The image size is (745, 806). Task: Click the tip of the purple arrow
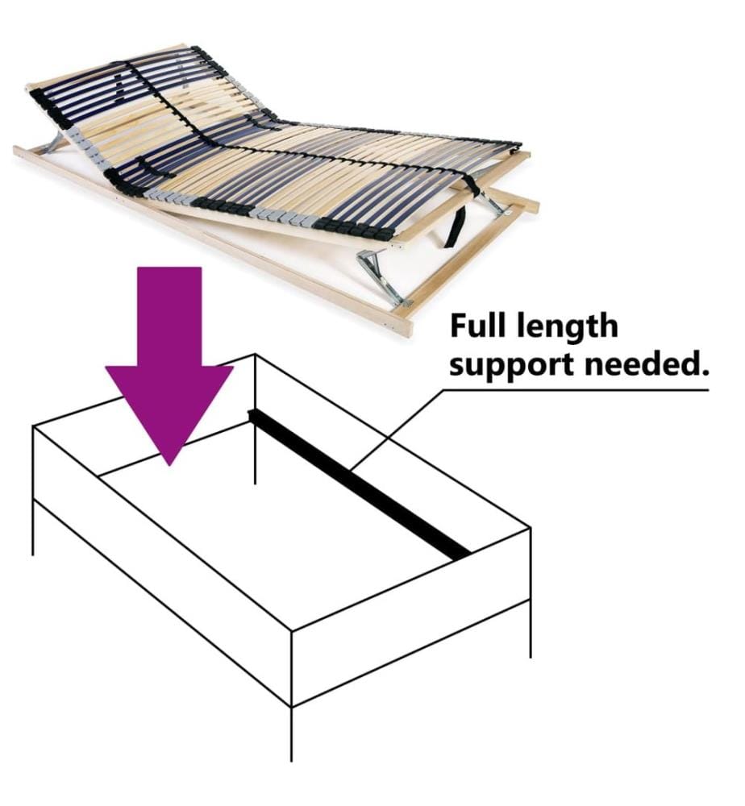(x=169, y=465)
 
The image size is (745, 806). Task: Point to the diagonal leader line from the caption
(x=397, y=430)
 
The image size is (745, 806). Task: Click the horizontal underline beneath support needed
(x=576, y=390)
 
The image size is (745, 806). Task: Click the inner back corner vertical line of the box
(x=256, y=419)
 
